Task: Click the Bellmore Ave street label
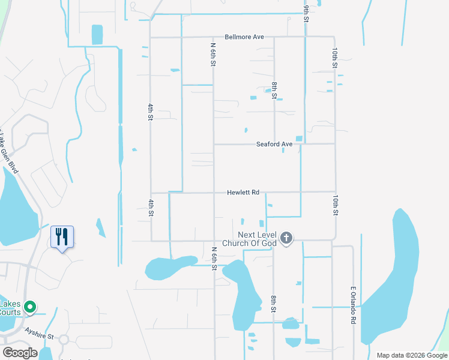244,37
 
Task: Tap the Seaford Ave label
274,144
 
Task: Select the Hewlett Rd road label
243,193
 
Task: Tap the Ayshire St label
39,331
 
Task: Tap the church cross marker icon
286,238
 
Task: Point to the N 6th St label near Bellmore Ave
213,54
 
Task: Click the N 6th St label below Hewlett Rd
214,258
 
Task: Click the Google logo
20,353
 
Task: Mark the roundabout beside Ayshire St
64,340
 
